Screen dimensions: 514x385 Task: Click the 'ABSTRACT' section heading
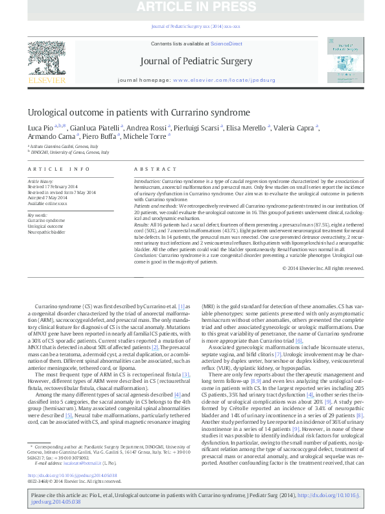pos(146,167)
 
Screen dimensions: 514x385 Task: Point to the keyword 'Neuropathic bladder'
pos(46,231)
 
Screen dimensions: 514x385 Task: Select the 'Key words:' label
pos(37,215)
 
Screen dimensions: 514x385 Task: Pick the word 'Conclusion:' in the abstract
pos(146,256)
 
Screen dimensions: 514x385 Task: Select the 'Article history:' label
pos(41,178)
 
